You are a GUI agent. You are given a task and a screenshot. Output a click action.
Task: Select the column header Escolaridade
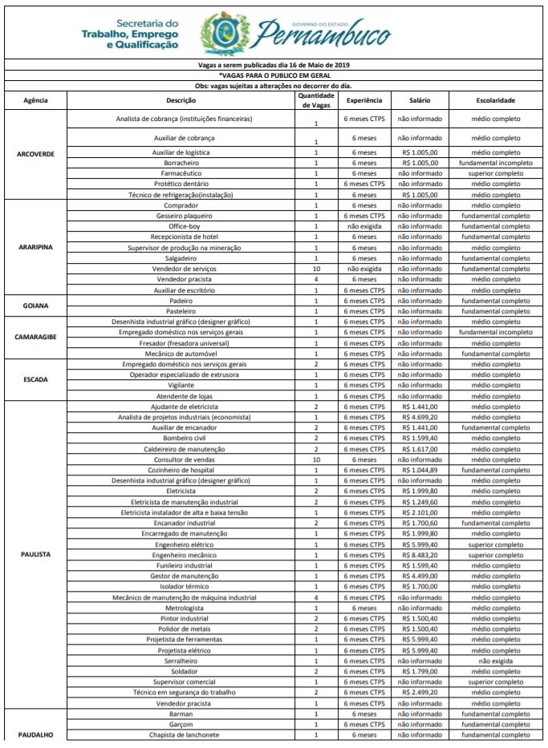pyautogui.click(x=493, y=100)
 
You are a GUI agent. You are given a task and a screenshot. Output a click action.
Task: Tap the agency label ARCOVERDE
pyautogui.click(x=35, y=153)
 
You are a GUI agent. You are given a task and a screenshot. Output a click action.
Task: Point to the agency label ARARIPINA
pyautogui.click(x=35, y=248)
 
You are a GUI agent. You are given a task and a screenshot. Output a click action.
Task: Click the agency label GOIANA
pyautogui.click(x=35, y=305)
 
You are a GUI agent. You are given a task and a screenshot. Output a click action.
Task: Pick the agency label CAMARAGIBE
pyautogui.click(x=35, y=337)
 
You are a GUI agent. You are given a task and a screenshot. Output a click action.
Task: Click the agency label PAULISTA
pyautogui.click(x=35, y=554)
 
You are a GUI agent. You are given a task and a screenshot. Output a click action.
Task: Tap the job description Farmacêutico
pyautogui.click(x=181, y=173)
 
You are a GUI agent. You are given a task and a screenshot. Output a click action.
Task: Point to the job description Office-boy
pyautogui.click(x=181, y=226)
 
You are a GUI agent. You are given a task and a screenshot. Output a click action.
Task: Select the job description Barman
pyautogui.click(x=181, y=714)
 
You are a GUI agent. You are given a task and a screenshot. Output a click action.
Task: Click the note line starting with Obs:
pyautogui.click(x=274, y=85)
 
